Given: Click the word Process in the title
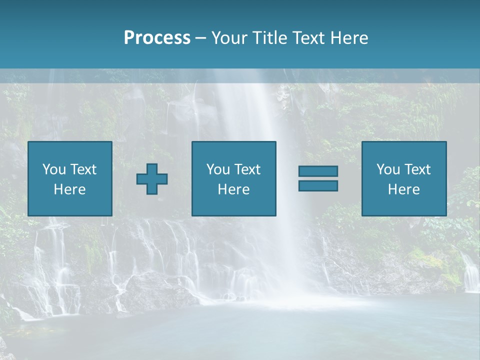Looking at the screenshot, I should [157, 38].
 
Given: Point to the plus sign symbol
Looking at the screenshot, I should [152, 179].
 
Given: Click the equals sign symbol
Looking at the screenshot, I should [318, 178].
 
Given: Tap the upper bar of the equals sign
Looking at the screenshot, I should [318, 171].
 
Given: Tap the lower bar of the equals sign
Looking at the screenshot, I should [318, 185].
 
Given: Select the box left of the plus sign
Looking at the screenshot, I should [70, 178].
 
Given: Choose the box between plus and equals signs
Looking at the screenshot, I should [234, 178].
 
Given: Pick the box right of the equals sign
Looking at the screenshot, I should [404, 178].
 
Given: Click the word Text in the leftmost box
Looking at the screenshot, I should [82, 169].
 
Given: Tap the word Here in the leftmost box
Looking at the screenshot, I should [70, 189].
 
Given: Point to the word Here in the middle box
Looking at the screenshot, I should [234, 189].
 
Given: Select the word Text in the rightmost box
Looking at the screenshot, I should [417, 169].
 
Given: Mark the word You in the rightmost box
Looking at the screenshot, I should [388, 169].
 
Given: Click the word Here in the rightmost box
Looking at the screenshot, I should [404, 189].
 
